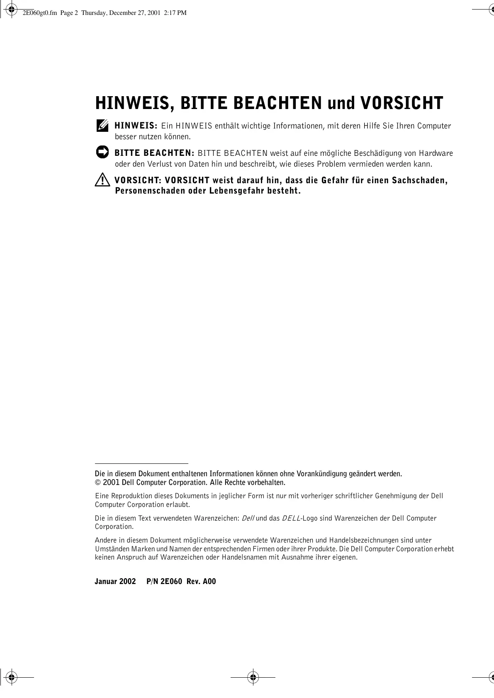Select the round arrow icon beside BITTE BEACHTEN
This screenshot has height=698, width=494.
click(x=102, y=152)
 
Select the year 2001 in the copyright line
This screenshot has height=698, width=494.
click(x=112, y=482)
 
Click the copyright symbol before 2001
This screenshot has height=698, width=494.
click(x=98, y=482)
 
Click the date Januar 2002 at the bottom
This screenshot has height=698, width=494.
click(x=115, y=581)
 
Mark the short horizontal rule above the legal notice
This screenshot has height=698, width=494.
click(x=141, y=463)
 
